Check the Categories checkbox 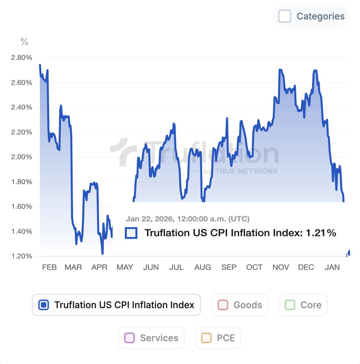285,16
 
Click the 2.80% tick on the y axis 21,58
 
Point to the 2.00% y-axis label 21,157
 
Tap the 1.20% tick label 21,256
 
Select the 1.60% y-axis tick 21,207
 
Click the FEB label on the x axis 49,267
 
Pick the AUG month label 202,267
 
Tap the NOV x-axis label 281,267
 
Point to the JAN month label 332,267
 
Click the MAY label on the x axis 125,267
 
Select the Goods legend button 240,305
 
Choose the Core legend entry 303,305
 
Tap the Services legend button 151,338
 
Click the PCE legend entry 218,338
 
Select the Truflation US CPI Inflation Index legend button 116,305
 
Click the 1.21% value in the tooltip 321,233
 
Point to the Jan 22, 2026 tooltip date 187,219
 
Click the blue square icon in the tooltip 131,233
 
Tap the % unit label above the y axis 24,42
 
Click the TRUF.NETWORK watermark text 246,171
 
